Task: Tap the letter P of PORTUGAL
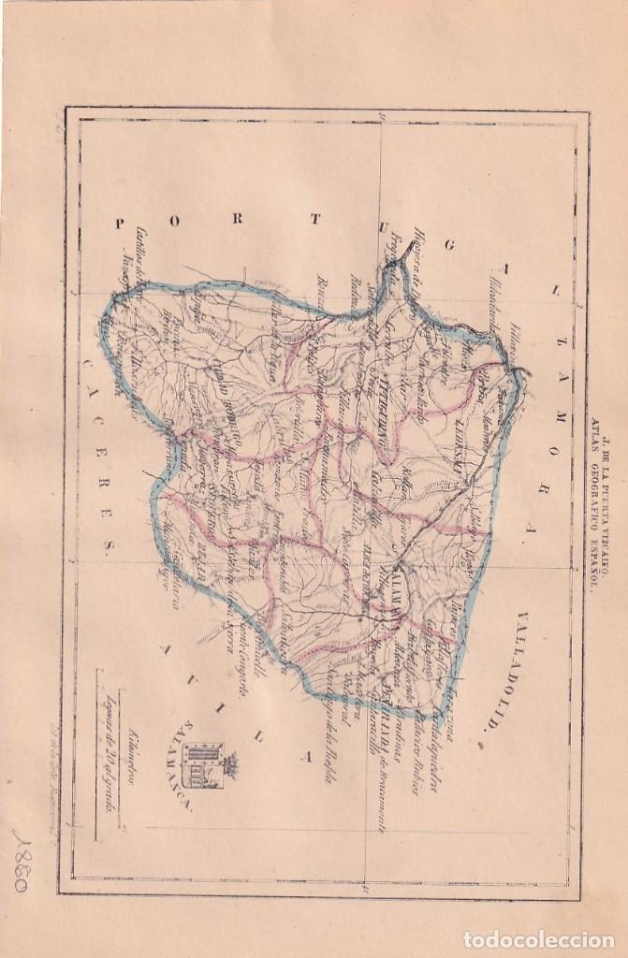119,222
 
